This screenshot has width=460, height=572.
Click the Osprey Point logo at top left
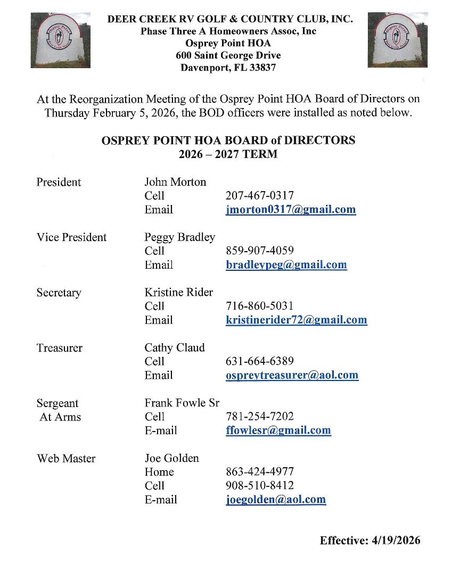point(60,40)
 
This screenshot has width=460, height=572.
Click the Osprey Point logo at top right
point(397,40)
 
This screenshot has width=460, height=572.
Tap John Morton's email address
point(291,210)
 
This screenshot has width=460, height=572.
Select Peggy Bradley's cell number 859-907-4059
point(260,251)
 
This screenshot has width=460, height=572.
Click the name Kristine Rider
point(178,292)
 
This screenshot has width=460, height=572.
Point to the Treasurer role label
point(60,348)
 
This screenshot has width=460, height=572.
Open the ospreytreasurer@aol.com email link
point(292,375)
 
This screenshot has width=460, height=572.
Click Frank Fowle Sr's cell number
point(260,417)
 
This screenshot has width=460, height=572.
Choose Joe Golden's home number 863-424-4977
point(260,472)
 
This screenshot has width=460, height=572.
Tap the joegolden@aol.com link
point(276,500)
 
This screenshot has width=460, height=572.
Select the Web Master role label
point(66,458)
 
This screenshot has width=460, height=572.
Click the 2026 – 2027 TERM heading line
point(228,155)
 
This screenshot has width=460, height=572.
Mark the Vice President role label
point(71,237)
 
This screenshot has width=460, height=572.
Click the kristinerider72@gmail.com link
point(297,320)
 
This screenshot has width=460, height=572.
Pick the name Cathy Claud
point(175,348)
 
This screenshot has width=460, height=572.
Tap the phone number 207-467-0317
point(260,196)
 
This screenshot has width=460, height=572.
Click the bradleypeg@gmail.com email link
point(286,265)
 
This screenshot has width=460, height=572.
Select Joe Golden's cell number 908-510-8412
point(260,486)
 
